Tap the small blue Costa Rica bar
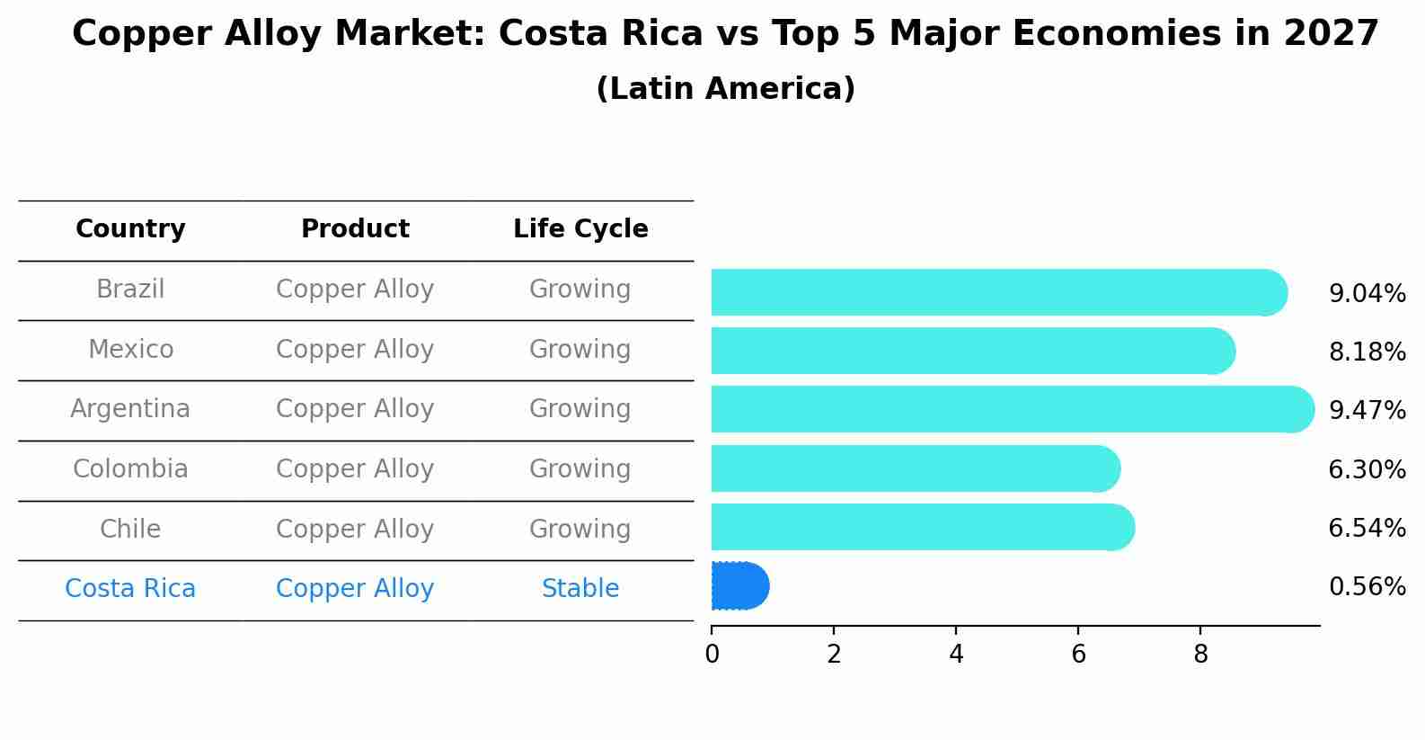[739, 586]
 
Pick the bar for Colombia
[915, 468]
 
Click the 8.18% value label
[1367, 352]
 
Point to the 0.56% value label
[1367, 587]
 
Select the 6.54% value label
[1367, 528]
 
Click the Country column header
[130, 229]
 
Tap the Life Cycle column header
[580, 229]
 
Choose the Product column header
[355, 229]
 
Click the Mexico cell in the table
[130, 349]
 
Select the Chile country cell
[130, 529]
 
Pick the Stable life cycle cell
[580, 589]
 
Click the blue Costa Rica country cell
[130, 589]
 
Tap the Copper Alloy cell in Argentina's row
[355, 409]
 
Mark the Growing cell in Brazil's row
[580, 290]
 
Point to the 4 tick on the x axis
[956, 655]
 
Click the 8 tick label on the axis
[1200, 655]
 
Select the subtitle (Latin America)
[725, 89]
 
